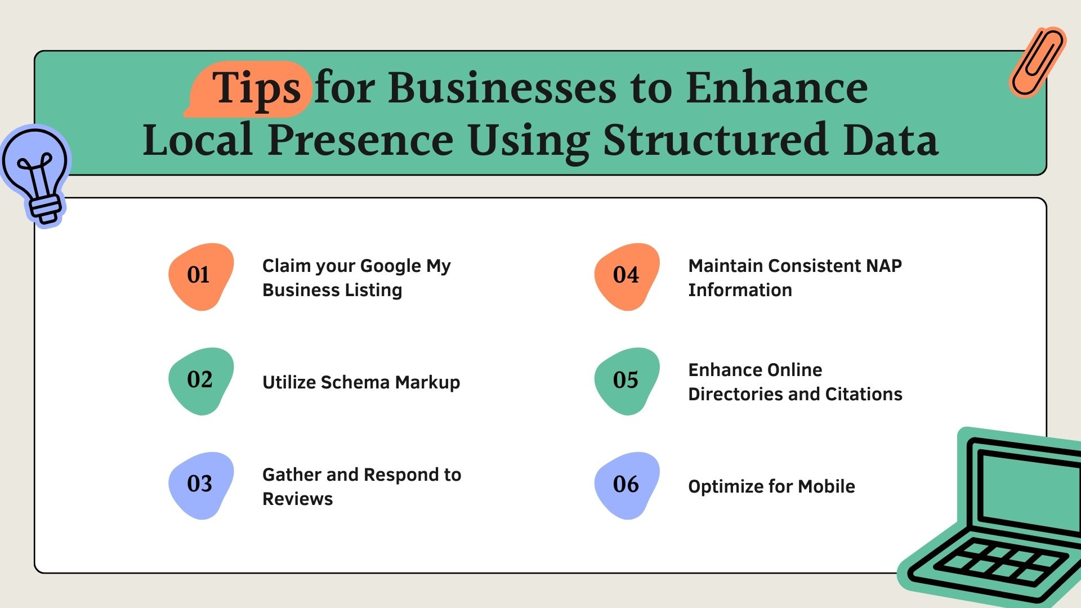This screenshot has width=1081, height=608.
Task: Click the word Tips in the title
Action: click(x=257, y=89)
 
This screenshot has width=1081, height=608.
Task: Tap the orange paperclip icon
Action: click(x=1037, y=62)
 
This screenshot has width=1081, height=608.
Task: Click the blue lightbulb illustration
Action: click(x=36, y=175)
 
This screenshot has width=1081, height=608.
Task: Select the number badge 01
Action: click(x=201, y=276)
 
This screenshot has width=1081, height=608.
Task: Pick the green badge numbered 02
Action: click(x=201, y=381)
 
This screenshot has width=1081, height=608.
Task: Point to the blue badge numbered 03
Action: click(x=201, y=485)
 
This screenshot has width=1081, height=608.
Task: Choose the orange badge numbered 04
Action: click(x=627, y=276)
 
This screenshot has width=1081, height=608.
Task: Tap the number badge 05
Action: click(x=627, y=381)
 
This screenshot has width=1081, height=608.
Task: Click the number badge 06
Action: click(x=627, y=485)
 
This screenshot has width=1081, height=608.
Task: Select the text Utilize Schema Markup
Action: click(x=361, y=383)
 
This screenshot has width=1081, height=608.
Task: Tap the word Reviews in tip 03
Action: click(x=297, y=499)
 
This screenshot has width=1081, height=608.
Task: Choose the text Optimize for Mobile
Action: click(x=771, y=486)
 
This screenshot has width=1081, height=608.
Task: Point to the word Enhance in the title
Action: click(x=777, y=88)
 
